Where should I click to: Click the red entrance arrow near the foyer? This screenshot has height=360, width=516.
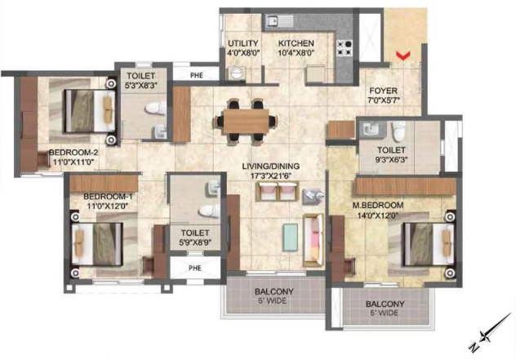point(401,56)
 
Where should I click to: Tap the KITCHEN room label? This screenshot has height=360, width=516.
point(295,43)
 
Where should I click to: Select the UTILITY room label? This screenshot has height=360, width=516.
point(243,43)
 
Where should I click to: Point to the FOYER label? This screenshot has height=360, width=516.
point(382,91)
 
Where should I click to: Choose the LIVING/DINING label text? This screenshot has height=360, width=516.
point(270,167)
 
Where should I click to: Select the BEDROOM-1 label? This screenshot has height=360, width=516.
point(107,197)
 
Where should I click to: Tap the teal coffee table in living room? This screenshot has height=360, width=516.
point(291,236)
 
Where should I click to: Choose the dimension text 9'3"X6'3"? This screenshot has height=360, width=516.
point(394,160)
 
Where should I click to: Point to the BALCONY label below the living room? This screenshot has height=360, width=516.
point(273,291)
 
